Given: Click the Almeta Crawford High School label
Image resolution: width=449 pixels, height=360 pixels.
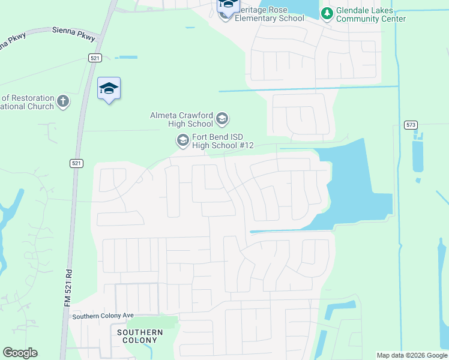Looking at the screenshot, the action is coord(182,119).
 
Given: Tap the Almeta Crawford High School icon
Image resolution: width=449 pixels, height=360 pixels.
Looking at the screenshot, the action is coord(221,119).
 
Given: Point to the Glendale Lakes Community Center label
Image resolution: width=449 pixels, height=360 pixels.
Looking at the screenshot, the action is coord(370,15).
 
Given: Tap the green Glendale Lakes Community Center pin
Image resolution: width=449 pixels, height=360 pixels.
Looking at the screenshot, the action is coord(327,14).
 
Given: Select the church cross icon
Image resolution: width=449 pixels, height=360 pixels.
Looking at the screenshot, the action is coord(64,101).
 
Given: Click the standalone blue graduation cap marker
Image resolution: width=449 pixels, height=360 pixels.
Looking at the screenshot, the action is coord(109,89).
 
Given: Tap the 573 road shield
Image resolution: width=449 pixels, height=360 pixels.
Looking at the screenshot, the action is coord(411,125).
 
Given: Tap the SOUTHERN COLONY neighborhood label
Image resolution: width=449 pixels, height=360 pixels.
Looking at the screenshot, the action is coord(140,337).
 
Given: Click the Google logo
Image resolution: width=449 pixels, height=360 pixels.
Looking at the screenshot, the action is coord(20,353).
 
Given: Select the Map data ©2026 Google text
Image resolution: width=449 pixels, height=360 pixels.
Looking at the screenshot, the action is coord(411,355).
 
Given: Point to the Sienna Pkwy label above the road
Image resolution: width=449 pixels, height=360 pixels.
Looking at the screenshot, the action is coord(74,33).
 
